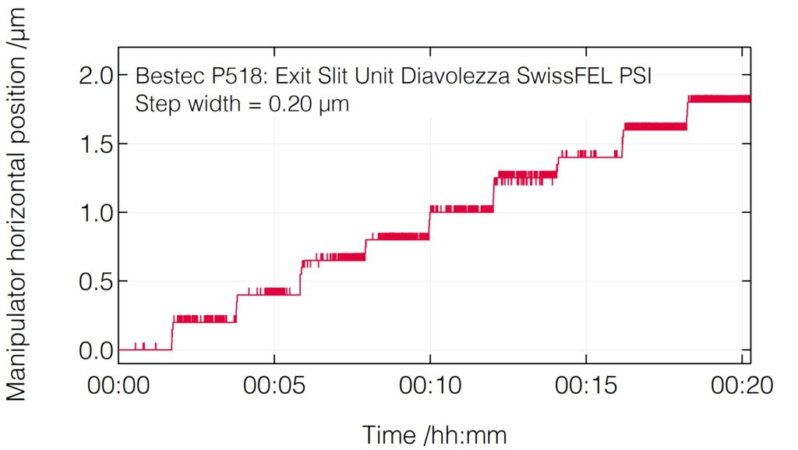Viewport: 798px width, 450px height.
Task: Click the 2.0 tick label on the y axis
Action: (x=97, y=76)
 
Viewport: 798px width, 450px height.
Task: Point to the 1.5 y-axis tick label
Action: (x=97, y=144)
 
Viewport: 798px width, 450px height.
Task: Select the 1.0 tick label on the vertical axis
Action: (x=97, y=213)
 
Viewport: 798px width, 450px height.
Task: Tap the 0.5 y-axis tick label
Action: (x=97, y=282)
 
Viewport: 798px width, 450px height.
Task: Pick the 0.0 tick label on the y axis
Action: (x=97, y=350)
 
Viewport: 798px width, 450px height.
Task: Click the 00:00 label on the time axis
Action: (x=119, y=386)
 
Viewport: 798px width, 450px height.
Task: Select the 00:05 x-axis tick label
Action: (x=274, y=386)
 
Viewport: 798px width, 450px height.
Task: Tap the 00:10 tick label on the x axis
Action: (x=430, y=386)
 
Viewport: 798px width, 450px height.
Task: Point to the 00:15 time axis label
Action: (x=585, y=386)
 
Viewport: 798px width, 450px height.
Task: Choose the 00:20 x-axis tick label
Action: (x=740, y=386)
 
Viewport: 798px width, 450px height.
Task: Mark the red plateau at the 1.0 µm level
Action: (x=461, y=209)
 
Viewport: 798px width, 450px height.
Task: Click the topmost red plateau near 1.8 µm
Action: (x=719, y=99)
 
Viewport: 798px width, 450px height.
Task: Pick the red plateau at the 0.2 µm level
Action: (x=203, y=319)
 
